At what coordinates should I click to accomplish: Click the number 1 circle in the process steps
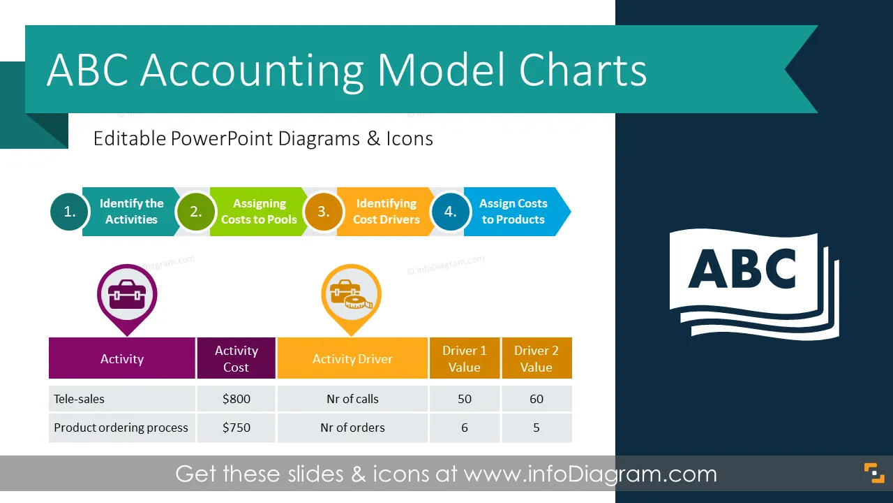[69, 212]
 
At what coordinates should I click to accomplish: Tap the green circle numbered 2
[196, 212]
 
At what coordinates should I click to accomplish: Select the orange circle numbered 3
[323, 212]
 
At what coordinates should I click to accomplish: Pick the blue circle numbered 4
[451, 212]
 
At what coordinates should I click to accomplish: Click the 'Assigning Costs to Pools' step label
[259, 212]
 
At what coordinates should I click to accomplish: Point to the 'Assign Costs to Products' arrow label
[513, 212]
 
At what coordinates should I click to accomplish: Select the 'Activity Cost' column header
[237, 358]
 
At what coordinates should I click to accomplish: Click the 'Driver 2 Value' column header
[536, 358]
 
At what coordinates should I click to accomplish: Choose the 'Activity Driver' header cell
[352, 358]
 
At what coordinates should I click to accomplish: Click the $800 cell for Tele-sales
[237, 399]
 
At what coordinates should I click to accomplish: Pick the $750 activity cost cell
[237, 428]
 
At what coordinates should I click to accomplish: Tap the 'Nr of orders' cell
[352, 428]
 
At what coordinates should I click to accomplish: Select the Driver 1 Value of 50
[465, 399]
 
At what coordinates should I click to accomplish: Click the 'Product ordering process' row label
[121, 428]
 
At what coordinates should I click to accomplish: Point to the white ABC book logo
[754, 284]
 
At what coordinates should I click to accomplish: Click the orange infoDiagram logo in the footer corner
[874, 473]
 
